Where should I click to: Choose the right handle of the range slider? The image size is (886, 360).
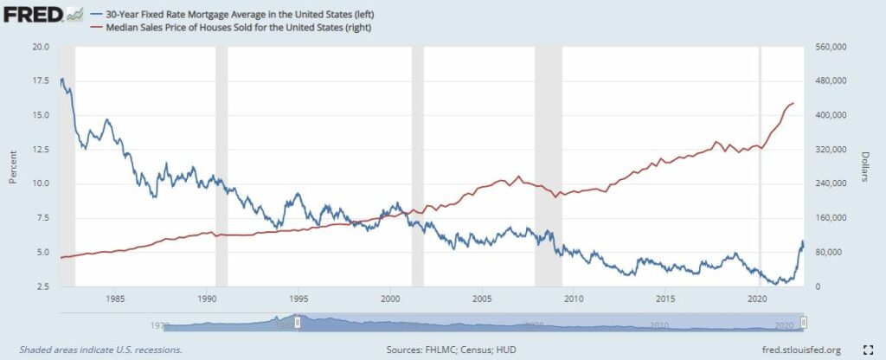click(x=804, y=322)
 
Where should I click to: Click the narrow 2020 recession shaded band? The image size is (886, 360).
click(x=761, y=164)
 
